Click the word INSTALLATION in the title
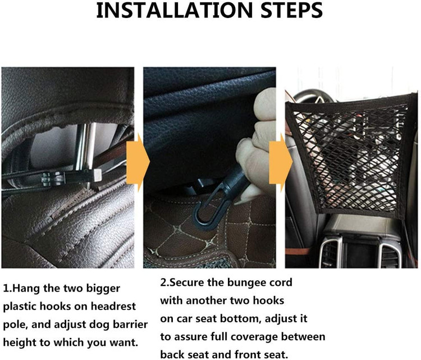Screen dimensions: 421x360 click(x=174, y=11)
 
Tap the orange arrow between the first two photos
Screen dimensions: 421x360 click(x=138, y=162)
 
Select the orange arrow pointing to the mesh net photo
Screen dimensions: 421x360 click(x=281, y=162)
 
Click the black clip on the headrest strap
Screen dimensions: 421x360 click(x=54, y=179)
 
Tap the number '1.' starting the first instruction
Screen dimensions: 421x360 click(x=8, y=289)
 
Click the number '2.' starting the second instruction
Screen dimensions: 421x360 click(x=165, y=282)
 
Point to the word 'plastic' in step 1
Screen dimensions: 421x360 click(x=19, y=307)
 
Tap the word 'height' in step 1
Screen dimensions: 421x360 click(x=19, y=343)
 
